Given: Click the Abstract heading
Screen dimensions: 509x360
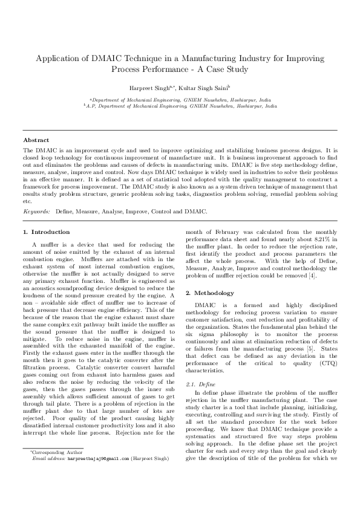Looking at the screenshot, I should [x=36, y=140].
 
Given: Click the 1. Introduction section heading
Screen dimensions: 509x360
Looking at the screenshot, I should [x=46, y=232].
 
